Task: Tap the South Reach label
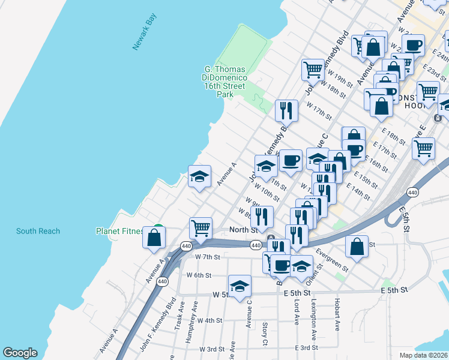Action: (x=38, y=231)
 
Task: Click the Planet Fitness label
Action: (x=120, y=231)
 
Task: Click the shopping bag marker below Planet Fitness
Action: (x=154, y=238)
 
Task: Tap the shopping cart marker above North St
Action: (x=200, y=228)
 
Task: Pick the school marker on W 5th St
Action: (x=240, y=286)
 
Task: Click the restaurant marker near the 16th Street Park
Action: (x=287, y=110)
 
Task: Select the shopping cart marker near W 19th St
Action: (x=313, y=70)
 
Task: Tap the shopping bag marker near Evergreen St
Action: (x=357, y=245)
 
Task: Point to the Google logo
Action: (x=20, y=353)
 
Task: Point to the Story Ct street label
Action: (x=265, y=334)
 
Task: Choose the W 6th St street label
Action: (x=199, y=275)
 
